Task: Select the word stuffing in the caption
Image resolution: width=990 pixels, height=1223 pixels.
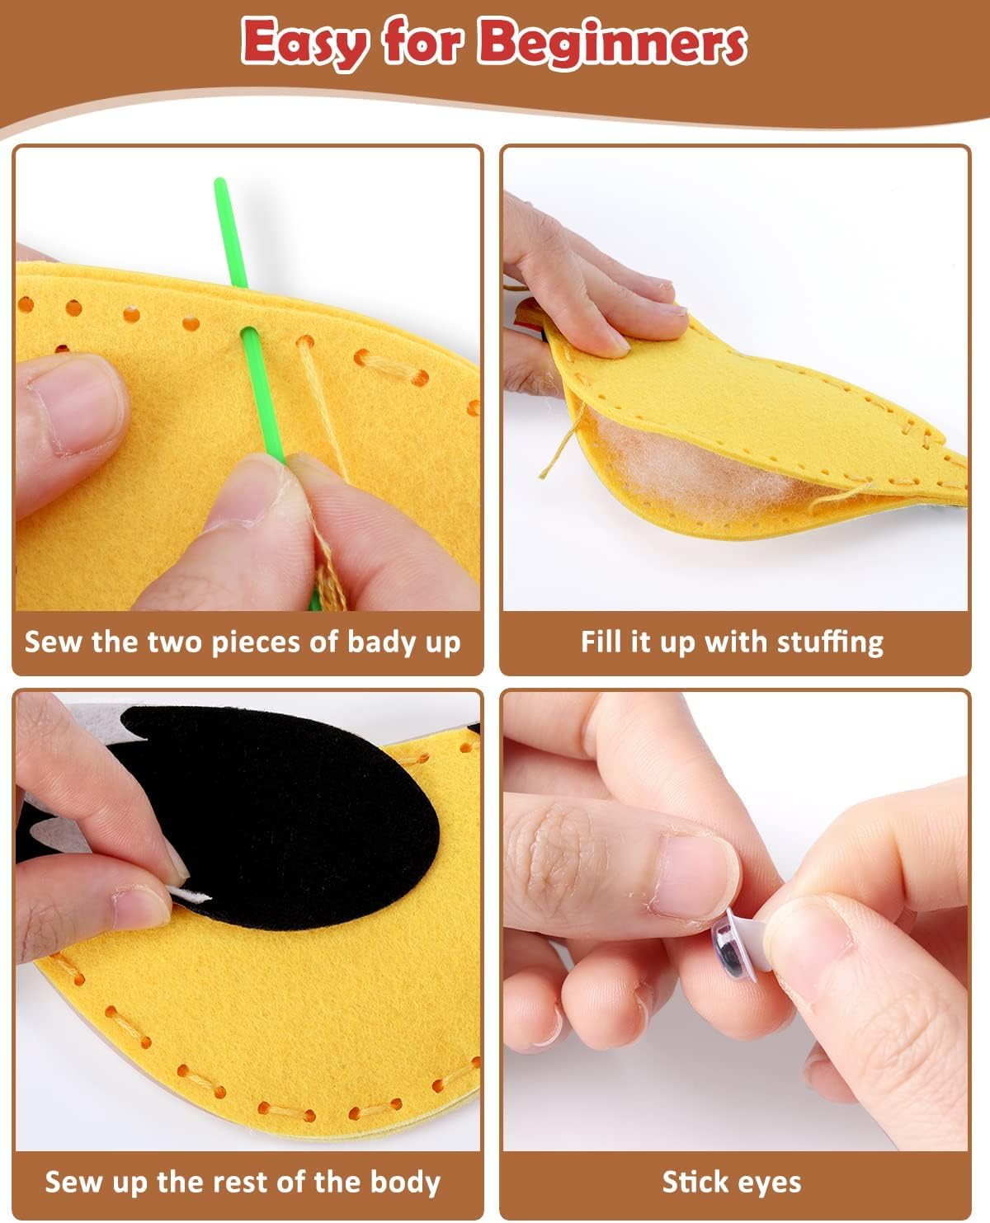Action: pyautogui.click(x=830, y=642)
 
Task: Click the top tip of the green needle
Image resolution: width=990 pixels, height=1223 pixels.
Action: pyautogui.click(x=219, y=181)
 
